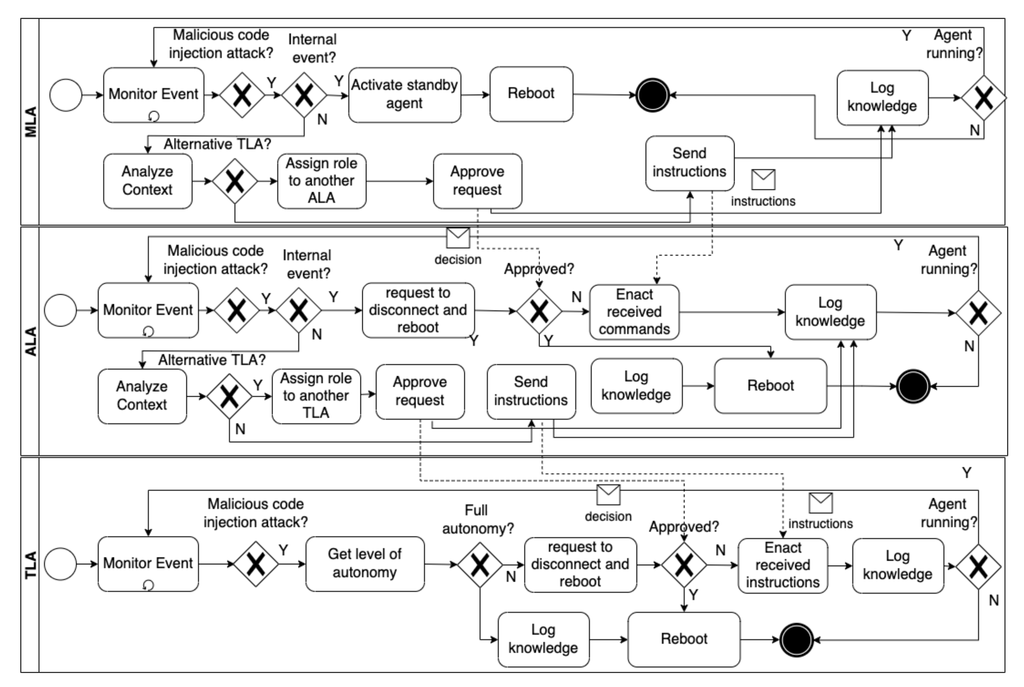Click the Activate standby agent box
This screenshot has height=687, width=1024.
tap(404, 95)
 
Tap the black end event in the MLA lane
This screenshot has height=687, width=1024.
tap(652, 95)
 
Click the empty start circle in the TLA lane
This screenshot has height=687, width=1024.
tap(60, 564)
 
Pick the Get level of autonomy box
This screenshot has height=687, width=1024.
tap(364, 563)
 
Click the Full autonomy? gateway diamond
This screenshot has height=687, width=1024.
tap(480, 565)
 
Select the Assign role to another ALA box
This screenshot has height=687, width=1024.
tap(321, 181)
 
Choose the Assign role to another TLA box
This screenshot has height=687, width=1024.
tap(316, 396)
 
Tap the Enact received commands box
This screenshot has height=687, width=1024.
tap(634, 312)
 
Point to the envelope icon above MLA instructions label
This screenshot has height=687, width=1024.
tap(763, 179)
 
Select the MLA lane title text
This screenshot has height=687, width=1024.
tap(30, 122)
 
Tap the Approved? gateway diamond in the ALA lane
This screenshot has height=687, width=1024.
tap(539, 311)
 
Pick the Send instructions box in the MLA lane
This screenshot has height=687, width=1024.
tap(689, 163)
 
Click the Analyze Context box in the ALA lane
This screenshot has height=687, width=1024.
tap(142, 396)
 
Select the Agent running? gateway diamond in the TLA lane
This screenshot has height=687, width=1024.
tap(978, 567)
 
